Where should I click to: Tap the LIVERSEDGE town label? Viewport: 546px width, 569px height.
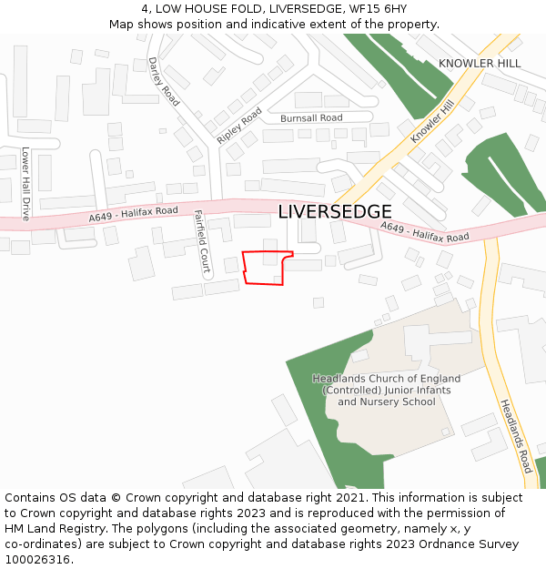click(x=335, y=212)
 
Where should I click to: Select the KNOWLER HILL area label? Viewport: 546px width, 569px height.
click(x=480, y=64)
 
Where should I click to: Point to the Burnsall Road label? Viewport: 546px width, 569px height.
click(x=311, y=118)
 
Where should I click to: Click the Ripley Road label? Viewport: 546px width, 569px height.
click(x=239, y=126)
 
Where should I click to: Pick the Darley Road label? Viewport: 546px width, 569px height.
click(x=164, y=80)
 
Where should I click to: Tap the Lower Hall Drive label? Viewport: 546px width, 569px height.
click(x=25, y=184)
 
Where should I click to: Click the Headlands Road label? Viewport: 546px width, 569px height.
click(x=515, y=436)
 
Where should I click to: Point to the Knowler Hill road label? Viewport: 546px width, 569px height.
click(x=431, y=121)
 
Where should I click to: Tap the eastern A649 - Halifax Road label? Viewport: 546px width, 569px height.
click(x=424, y=232)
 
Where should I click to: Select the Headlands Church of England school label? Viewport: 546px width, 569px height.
click(x=387, y=390)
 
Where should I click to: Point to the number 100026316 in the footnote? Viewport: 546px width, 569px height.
click(x=39, y=559)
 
